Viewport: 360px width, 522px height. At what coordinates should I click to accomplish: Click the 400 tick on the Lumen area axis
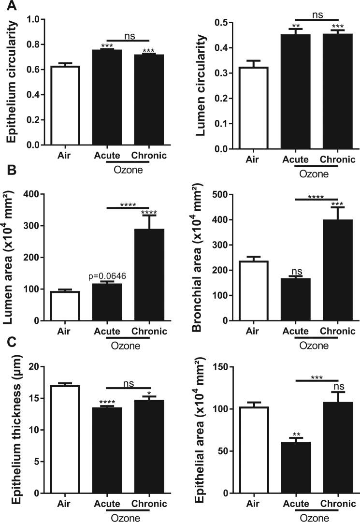click(30, 194)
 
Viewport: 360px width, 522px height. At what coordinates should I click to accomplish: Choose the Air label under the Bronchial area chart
click(251, 331)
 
